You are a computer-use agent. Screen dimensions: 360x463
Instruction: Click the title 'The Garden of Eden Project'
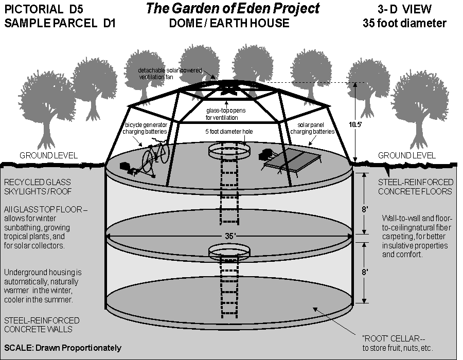pyautogui.click(x=233, y=9)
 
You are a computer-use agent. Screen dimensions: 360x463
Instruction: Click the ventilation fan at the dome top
pyautogui.click(x=229, y=88)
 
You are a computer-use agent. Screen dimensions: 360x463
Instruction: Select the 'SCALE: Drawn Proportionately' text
pyautogui.click(x=63, y=348)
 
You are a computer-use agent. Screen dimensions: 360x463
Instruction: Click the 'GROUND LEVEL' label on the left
pyautogui.click(x=48, y=155)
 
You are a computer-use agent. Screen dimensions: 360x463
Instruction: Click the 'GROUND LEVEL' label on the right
pyautogui.click(x=406, y=155)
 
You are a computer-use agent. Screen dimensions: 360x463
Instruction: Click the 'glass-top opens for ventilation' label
pyautogui.click(x=229, y=114)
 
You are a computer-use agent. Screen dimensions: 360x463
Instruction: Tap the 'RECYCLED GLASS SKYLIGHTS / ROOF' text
pyautogui.click(x=37, y=187)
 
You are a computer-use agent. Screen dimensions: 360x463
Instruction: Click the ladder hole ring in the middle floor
pyautogui.click(x=229, y=251)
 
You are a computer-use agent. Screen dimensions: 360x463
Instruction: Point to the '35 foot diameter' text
pyautogui.click(x=404, y=23)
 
